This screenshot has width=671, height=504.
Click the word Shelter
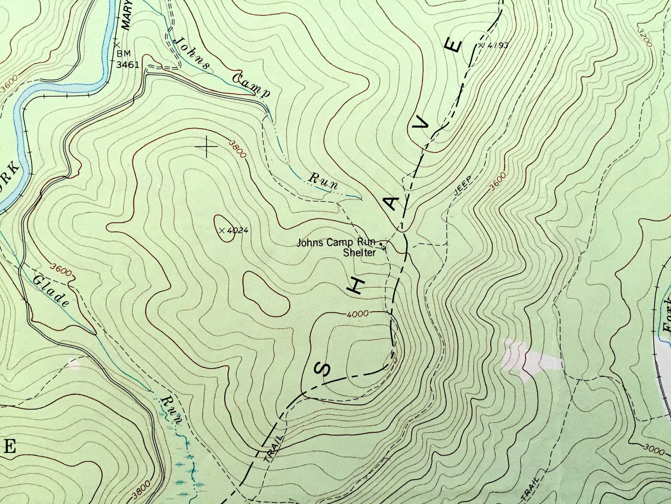(359, 253)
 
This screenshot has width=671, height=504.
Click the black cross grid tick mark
(207, 147)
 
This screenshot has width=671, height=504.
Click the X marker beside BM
(116, 44)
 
